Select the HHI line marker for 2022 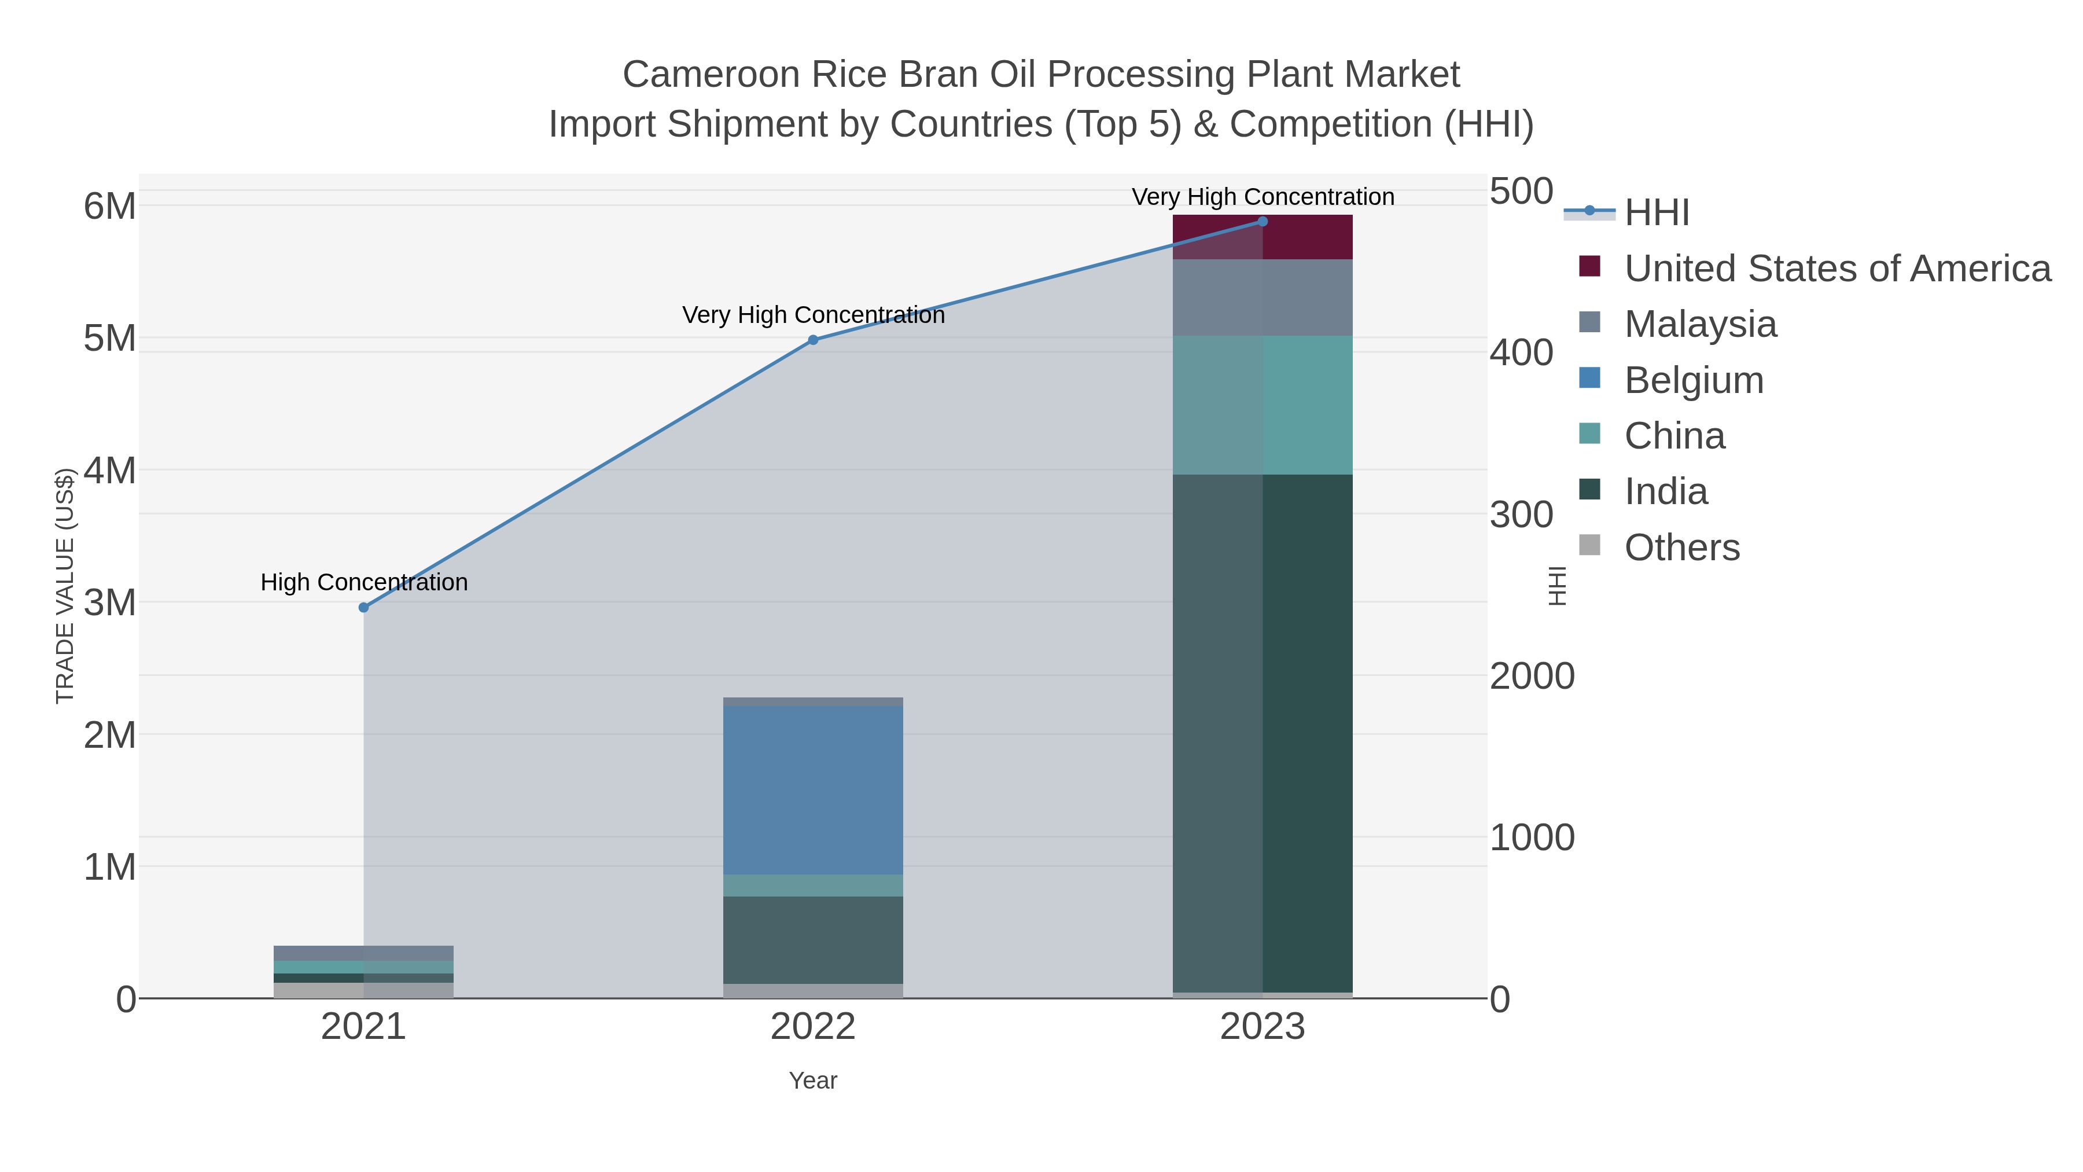[813, 340]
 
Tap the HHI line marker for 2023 [1263, 222]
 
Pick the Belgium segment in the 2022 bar [813, 790]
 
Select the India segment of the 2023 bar [1263, 733]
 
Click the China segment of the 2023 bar [1263, 405]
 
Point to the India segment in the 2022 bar [813, 940]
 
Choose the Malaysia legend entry [1700, 324]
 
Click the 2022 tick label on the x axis [813, 1027]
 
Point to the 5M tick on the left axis [110, 339]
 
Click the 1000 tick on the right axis [1532, 838]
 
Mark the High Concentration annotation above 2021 [364, 582]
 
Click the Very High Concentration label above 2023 [1263, 197]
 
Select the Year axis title [813, 1081]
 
